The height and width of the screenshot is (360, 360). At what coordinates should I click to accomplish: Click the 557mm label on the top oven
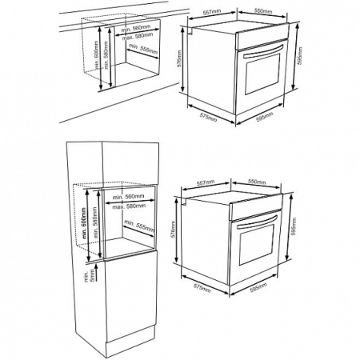(211, 12)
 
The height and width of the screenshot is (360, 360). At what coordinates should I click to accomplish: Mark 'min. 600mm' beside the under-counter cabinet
(93, 54)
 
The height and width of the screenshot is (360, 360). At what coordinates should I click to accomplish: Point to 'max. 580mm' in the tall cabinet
(129, 206)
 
